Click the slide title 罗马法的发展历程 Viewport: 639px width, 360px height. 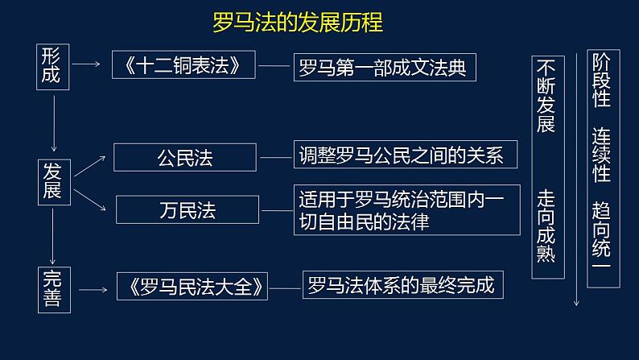pos(298,21)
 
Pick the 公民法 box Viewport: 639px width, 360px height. pos(184,157)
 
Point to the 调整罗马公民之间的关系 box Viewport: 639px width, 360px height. pos(405,155)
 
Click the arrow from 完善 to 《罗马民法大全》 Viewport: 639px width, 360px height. pos(96,288)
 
